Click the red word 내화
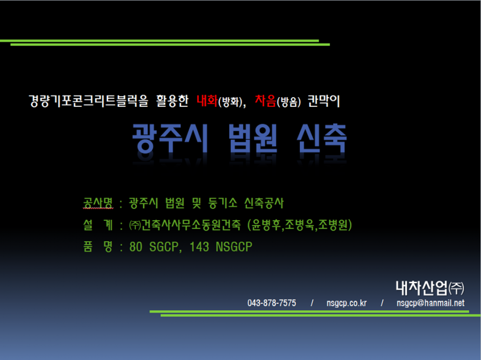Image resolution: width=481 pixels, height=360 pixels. click(207, 101)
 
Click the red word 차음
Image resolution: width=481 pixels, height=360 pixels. click(266, 101)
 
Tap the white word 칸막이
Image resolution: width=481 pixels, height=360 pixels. click(323, 101)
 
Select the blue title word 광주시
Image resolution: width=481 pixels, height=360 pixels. click(170, 138)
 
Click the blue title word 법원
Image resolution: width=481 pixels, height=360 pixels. click(253, 138)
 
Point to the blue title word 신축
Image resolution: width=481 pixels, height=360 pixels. click(322, 138)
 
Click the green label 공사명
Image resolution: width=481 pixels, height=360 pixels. click(98, 202)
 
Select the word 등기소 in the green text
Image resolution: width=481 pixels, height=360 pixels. click(223, 202)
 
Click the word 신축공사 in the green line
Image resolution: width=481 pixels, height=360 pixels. click(264, 202)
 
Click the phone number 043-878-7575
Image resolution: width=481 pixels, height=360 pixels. click(272, 303)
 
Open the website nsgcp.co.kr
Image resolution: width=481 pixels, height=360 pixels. click(346, 303)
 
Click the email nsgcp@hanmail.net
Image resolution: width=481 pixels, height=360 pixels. click(430, 303)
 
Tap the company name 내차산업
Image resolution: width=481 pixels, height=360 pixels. click(422, 288)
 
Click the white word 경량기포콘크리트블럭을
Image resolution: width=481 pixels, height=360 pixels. click(89, 101)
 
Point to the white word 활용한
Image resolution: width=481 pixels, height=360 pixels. click(172, 101)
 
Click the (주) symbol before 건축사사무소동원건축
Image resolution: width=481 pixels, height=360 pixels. click(135, 226)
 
